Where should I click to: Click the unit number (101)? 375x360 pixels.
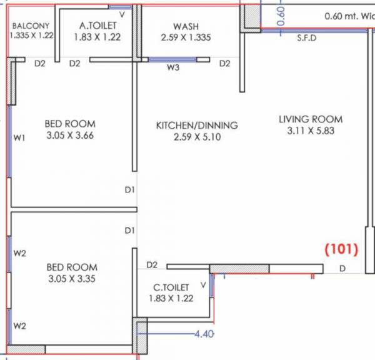[x=341, y=250]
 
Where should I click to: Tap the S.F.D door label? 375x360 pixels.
[x=307, y=38]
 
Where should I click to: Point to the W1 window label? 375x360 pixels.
[x=19, y=139]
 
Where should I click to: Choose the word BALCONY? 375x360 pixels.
[x=31, y=26]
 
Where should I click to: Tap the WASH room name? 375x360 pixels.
[x=186, y=26]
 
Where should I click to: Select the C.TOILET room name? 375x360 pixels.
[x=171, y=287]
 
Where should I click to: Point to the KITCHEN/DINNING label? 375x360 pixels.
[x=197, y=125]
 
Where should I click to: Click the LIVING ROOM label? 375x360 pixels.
[x=311, y=119]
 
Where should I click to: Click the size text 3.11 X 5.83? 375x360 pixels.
[x=311, y=131]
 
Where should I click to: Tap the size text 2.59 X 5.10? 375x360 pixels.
[x=197, y=137]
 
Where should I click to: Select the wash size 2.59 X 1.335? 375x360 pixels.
[x=186, y=37]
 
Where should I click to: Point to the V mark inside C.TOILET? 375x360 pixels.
[x=202, y=286]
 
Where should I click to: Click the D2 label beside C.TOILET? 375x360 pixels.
[x=152, y=265]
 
